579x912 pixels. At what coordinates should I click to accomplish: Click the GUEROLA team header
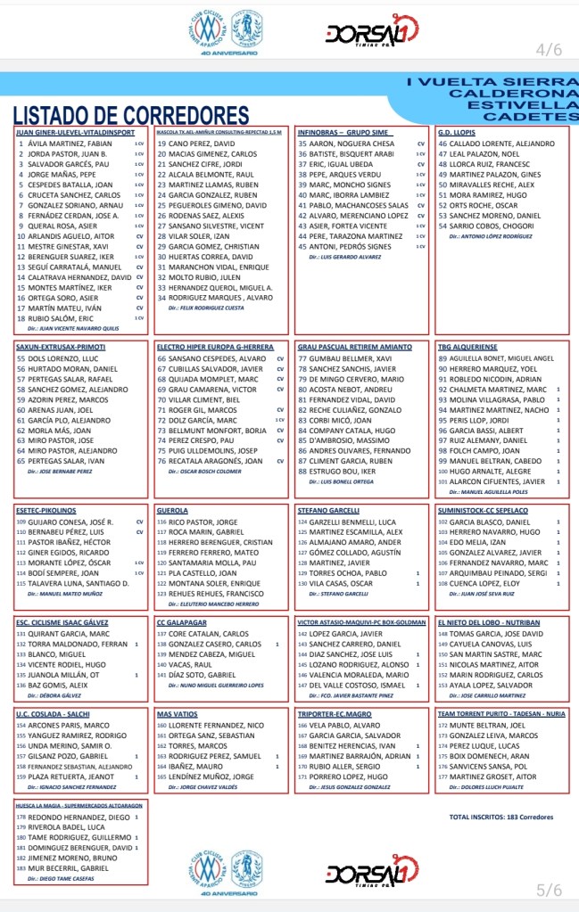pos(172,511)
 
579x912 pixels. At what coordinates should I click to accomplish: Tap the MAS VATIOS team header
pos(177,714)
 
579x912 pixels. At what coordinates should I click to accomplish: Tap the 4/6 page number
pos(549,47)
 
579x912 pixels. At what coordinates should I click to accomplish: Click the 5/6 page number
pos(549,890)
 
